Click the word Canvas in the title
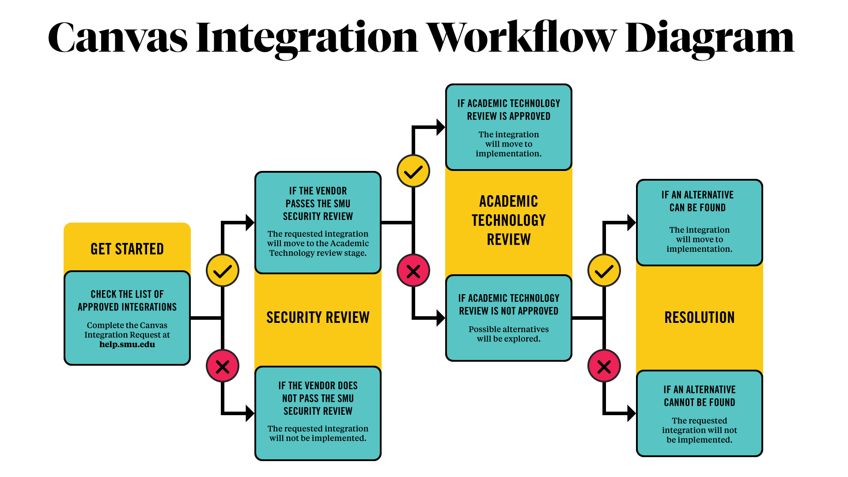coord(117,38)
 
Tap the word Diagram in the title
coord(709,39)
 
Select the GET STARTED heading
coord(127,249)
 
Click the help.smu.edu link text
coord(127,344)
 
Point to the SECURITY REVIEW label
coord(318,318)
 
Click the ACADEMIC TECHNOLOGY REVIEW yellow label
coord(508,220)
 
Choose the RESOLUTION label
coord(699,318)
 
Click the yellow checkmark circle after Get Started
coord(223,270)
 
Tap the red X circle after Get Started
coord(223,366)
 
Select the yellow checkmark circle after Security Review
coord(413,171)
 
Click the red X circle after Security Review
coord(413,271)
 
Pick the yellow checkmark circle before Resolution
coord(604,270)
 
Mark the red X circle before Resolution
coord(604,366)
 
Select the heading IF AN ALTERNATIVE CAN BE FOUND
coord(697,201)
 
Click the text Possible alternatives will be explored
coord(508,334)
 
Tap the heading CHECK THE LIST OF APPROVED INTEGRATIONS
coord(127,301)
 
